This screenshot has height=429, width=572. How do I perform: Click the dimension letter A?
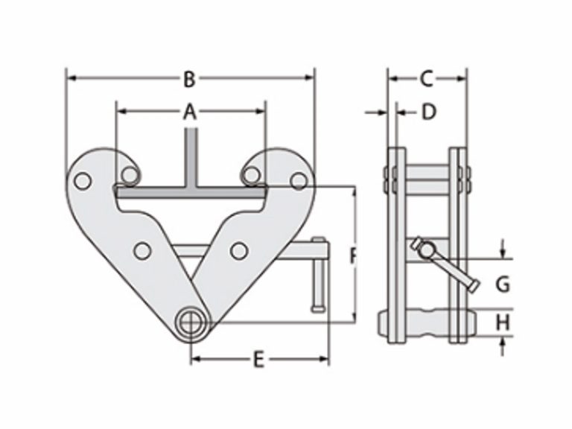(x=190, y=112)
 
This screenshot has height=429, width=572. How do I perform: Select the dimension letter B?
(x=189, y=77)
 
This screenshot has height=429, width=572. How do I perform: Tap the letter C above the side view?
(x=426, y=77)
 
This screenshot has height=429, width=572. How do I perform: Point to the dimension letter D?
(x=428, y=112)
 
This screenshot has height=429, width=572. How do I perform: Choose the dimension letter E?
(x=258, y=360)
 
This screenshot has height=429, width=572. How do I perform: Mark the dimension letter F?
(x=353, y=256)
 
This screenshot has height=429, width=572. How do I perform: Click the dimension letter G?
(x=503, y=284)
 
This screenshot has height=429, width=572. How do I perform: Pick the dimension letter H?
(x=503, y=322)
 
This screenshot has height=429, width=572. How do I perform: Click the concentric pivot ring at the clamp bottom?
(x=191, y=322)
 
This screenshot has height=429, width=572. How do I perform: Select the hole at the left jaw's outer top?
(x=83, y=180)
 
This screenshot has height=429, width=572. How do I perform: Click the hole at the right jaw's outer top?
(x=299, y=180)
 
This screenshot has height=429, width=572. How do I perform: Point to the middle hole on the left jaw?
(x=142, y=251)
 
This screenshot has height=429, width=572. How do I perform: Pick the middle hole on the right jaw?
(x=238, y=251)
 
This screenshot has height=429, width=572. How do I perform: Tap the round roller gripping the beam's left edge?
(x=130, y=175)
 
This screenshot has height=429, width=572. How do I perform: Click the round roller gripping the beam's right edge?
(x=251, y=175)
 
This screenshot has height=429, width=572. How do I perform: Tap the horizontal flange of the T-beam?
(x=191, y=192)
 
